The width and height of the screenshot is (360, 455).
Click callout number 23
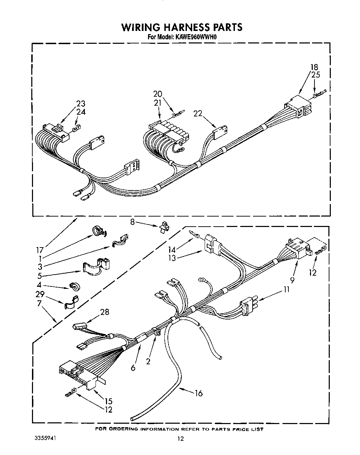81,104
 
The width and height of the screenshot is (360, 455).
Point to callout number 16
198,393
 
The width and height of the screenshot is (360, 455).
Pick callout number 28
105,312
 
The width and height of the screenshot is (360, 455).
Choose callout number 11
287,289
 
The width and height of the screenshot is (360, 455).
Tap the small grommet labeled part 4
75,287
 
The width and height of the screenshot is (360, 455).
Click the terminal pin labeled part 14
194,234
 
